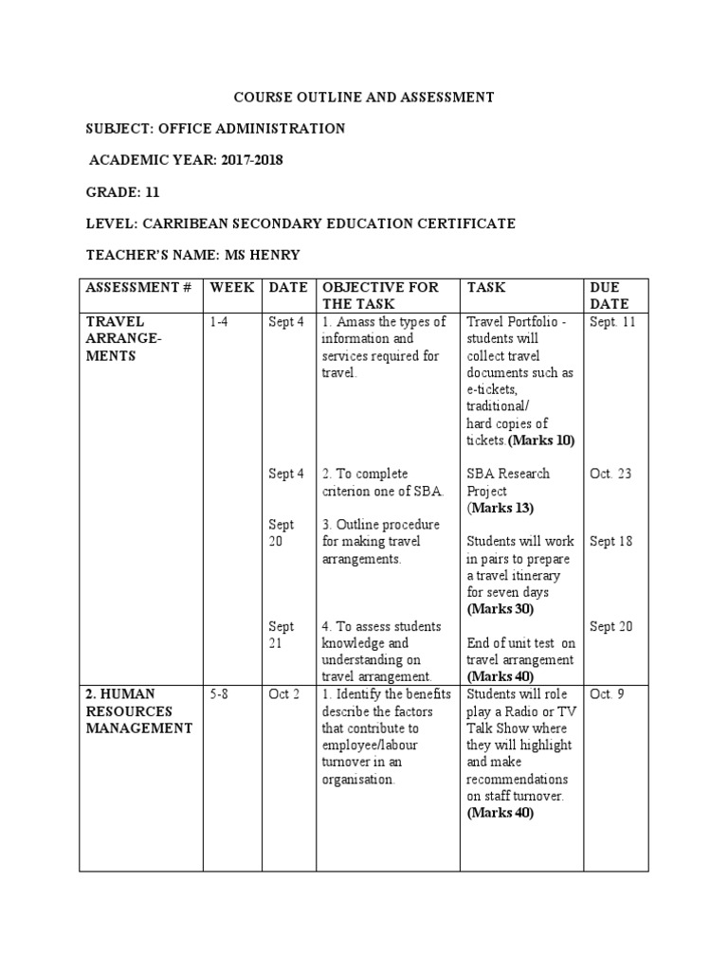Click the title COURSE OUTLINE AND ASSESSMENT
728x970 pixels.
tap(363, 97)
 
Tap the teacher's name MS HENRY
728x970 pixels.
tap(272, 255)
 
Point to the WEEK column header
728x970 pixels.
tap(232, 287)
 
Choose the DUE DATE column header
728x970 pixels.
tap(610, 296)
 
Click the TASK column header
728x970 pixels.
tap(486, 287)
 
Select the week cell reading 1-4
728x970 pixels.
tap(219, 322)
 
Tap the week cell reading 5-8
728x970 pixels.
tap(219, 694)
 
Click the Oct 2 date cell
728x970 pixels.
tap(284, 694)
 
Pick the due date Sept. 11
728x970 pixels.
tap(611, 322)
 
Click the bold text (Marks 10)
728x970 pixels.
tap(541, 440)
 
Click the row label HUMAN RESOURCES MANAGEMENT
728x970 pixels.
tap(138, 711)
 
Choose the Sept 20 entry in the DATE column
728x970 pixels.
tap(282, 533)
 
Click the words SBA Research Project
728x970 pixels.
tap(507, 482)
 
